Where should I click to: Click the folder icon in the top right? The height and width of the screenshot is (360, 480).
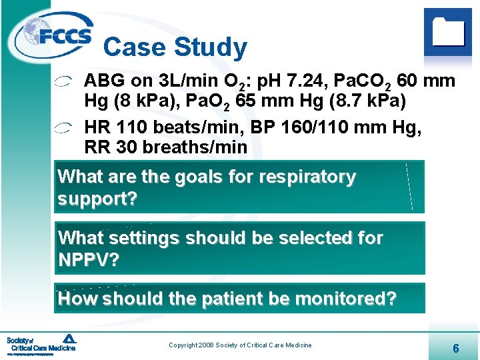[447, 31]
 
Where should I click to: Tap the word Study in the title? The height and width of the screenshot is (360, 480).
[211, 47]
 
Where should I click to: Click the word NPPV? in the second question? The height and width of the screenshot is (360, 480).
[89, 260]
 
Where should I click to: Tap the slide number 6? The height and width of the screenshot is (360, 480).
[455, 348]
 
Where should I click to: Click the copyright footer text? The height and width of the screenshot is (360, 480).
[240, 345]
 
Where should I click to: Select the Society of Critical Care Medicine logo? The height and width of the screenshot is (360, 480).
[41, 344]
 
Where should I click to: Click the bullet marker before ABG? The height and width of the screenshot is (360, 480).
[65, 83]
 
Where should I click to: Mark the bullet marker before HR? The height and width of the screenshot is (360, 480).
[65, 127]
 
